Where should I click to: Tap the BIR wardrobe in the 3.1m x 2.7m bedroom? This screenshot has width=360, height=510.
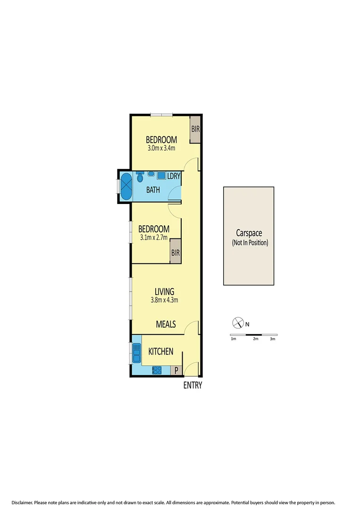176,253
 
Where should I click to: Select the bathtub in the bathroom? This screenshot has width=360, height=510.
126,187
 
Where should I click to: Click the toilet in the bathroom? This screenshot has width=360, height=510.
140,177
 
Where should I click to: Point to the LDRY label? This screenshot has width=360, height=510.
174,176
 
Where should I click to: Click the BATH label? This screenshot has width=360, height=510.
153,190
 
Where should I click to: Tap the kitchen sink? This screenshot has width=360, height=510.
137,353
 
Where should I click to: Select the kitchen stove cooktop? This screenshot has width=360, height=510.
157,371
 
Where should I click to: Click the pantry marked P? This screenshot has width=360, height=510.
176,371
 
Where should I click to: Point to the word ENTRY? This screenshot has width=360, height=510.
193,386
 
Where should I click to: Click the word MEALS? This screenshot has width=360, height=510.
166,324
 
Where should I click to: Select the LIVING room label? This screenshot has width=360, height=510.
164,291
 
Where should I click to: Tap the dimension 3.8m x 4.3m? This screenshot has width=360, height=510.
164,300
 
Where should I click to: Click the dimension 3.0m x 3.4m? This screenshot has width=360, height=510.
161,148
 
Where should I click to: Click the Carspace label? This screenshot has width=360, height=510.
249,233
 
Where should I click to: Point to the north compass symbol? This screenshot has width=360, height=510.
237,323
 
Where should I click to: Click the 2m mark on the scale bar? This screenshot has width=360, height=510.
256,339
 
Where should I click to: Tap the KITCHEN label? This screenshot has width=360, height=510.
161,352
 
